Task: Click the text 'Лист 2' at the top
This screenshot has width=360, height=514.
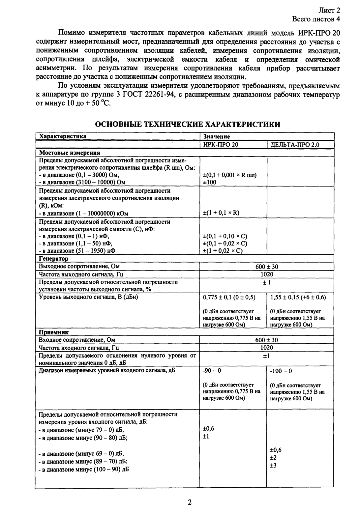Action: tap(331, 11)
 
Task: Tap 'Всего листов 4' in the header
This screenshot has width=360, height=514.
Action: tap(316, 19)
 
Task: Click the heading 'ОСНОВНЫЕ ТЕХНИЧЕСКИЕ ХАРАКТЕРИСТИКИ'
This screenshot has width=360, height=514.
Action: tap(188, 124)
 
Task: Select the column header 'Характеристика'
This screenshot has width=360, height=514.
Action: tap(63, 136)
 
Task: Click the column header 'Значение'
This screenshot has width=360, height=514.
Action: tap(216, 136)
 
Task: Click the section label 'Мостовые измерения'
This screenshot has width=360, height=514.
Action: tap(70, 153)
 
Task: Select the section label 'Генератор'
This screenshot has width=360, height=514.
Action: tap(54, 259)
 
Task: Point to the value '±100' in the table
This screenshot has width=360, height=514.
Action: tap(210, 182)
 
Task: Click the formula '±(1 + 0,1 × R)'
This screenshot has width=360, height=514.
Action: tap(221, 213)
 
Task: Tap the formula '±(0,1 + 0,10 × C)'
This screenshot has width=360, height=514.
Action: tap(225, 236)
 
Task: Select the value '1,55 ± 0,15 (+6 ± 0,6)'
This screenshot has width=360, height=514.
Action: tap(298, 297)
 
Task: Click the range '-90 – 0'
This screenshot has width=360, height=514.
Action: tap(212, 371)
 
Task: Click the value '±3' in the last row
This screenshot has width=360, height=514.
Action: tap(273, 466)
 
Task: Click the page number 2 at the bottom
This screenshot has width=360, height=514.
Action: tap(189, 502)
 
